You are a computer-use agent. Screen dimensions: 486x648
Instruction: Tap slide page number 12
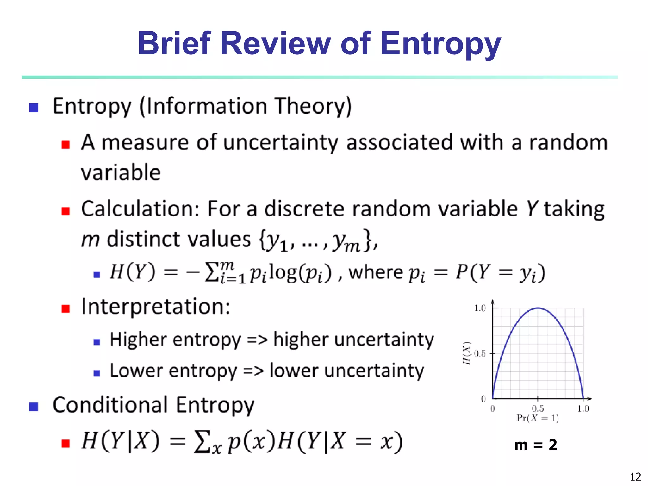[x=635, y=477]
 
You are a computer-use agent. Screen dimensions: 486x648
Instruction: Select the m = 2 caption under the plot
[x=536, y=445]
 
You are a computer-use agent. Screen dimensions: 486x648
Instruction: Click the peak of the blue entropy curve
[x=538, y=308]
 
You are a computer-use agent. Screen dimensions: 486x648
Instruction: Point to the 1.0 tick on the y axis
[x=480, y=308]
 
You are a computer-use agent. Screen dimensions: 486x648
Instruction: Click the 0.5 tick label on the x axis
[x=538, y=408]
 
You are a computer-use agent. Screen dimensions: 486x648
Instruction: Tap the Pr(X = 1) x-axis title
[x=538, y=418]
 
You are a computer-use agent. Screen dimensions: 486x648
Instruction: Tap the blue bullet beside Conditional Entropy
[x=34, y=406]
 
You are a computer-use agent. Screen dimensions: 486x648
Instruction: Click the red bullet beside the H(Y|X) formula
[x=65, y=443]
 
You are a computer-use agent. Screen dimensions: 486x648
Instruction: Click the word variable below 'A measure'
[x=121, y=173]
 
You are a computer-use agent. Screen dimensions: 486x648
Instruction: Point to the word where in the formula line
[x=375, y=272]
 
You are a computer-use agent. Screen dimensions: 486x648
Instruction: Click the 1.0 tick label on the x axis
[x=583, y=408]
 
